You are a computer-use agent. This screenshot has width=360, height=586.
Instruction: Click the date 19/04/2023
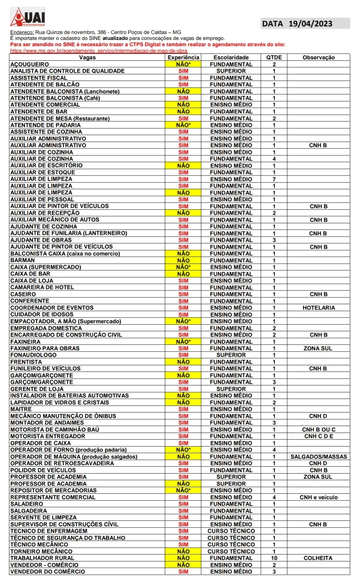310,24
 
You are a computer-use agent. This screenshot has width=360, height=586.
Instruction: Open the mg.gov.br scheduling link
98,51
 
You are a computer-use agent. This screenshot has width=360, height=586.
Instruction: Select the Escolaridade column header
231,58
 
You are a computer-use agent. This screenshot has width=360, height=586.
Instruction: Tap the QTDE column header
274,58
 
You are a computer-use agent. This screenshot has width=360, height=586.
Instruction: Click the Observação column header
318,58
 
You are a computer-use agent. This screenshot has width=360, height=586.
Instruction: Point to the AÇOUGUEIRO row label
30,65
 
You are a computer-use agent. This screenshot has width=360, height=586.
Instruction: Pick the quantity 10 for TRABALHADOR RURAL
274,558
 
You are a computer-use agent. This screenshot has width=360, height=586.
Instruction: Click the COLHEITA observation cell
318,558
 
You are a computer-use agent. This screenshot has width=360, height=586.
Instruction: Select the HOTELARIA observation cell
318,308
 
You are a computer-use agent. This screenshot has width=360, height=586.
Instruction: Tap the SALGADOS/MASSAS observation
318,457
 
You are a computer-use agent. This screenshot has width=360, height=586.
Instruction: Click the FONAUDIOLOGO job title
33,355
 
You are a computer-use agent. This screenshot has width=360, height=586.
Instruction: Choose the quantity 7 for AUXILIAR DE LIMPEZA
274,179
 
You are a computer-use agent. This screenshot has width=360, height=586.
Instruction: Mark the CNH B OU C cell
318,430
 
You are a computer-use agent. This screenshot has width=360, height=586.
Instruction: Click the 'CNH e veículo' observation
318,497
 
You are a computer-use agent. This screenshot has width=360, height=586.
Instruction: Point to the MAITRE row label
21,409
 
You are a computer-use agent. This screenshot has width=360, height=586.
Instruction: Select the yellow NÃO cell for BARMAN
183,261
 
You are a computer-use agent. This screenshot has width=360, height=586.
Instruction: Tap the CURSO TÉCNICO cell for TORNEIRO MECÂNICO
231,551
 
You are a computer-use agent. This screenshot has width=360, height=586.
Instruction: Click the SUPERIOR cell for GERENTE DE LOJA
231,389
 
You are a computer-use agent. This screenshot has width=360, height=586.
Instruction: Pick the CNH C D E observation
318,436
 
